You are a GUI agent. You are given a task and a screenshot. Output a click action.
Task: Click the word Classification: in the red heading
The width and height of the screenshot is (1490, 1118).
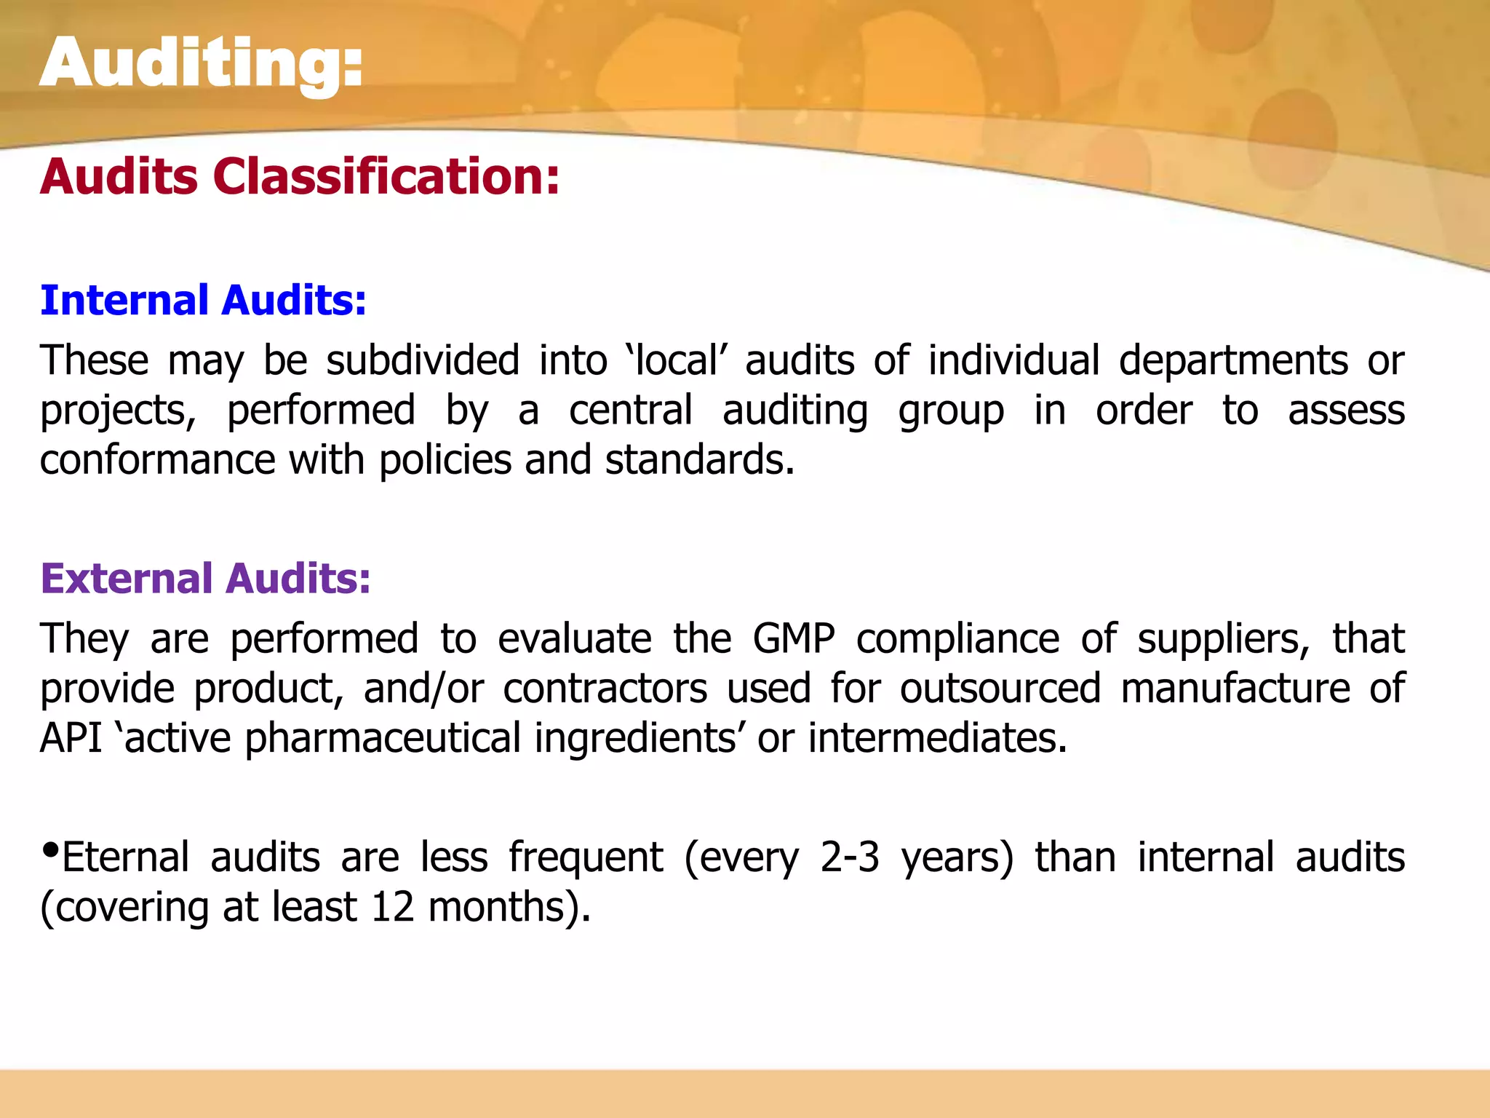tap(386, 177)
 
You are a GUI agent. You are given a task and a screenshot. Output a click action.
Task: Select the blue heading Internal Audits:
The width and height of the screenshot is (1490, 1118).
tap(204, 301)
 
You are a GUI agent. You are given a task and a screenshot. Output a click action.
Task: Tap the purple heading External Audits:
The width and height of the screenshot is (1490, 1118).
tap(206, 579)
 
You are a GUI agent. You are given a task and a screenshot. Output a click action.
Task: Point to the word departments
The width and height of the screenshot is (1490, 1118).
tap(1233, 360)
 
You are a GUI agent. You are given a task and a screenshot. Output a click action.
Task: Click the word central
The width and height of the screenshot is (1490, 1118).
tap(630, 411)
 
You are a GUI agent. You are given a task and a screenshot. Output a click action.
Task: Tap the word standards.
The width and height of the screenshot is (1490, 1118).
tap(699, 460)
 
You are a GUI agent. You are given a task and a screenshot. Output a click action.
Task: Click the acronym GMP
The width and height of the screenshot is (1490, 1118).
tap(794, 639)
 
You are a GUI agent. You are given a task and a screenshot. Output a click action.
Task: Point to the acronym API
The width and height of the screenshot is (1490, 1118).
tap(71, 738)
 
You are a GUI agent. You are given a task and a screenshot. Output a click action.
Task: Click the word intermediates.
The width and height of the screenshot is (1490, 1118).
tap(937, 738)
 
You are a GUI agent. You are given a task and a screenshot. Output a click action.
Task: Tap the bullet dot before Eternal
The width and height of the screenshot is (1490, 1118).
tap(50, 849)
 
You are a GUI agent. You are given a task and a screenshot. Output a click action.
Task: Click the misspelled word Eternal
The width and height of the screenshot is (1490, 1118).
tap(126, 857)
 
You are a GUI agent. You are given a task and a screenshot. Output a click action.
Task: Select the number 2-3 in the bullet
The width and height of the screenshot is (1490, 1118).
tap(850, 857)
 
